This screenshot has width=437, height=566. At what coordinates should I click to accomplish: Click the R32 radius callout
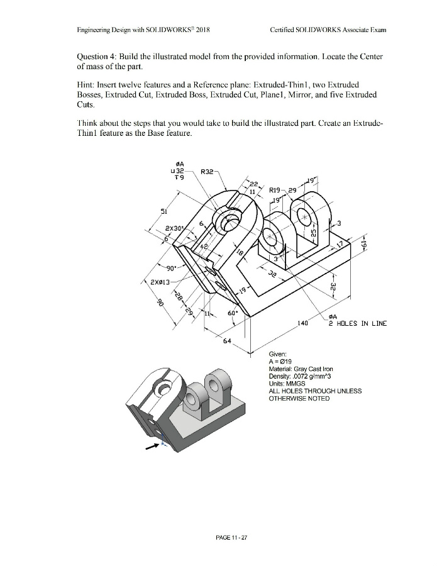(207, 170)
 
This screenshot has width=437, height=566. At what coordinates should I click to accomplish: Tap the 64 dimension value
(227, 341)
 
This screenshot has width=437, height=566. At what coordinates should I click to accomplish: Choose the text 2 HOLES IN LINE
(357, 324)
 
